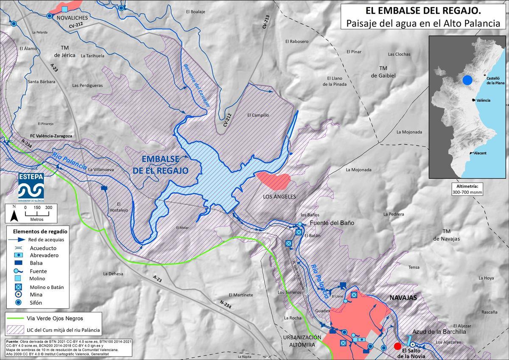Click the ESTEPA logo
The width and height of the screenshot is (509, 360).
point(31,187)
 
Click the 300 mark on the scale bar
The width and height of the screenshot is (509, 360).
point(48,207)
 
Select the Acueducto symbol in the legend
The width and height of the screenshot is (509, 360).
point(18,248)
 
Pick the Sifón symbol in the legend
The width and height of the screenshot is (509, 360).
point(18,303)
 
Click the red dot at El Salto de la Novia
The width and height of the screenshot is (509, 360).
point(397,346)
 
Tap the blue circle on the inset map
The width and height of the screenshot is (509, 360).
point(467,80)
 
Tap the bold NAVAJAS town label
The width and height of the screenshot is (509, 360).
point(403,298)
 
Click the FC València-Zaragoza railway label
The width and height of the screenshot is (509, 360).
point(51,136)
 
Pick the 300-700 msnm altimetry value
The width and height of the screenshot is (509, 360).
point(465,192)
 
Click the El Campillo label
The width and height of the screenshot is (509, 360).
point(258,115)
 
